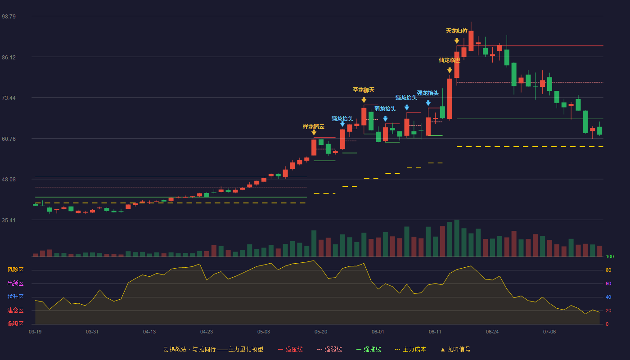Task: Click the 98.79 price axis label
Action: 9,17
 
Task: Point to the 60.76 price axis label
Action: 9,139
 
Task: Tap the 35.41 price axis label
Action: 9,220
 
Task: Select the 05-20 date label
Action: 320,332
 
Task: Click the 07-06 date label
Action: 549,332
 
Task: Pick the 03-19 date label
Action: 35,332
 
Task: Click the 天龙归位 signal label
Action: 457,31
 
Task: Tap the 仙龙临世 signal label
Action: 450,60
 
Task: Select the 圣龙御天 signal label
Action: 364,90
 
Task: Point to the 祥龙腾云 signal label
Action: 314,127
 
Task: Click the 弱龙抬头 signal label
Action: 385,109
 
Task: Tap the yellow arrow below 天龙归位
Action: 457,41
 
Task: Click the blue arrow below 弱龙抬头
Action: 385,119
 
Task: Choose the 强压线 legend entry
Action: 290,349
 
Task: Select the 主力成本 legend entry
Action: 410,349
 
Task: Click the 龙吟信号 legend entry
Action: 455,349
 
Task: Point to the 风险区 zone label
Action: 15,270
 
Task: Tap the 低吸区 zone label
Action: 15,324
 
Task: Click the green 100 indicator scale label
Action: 610,257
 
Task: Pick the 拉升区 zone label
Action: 15,297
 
